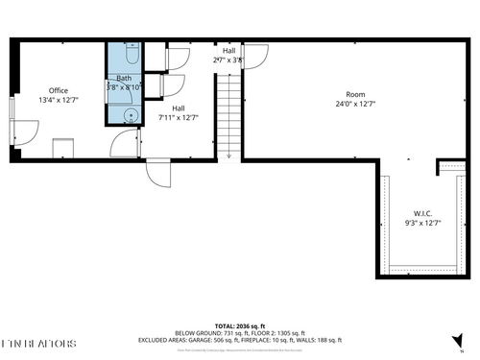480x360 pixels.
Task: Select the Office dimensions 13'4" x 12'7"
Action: point(59,99)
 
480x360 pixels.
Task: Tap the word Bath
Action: point(125,78)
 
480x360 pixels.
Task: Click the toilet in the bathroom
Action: point(132,53)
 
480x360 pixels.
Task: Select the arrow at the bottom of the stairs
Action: point(228,154)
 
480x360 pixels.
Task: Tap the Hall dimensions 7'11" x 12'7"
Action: point(179,118)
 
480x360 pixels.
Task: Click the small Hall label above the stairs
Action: point(228,50)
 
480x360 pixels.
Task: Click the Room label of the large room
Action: point(356,94)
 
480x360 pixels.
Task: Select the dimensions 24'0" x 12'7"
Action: point(356,104)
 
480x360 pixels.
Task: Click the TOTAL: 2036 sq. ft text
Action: point(240,326)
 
